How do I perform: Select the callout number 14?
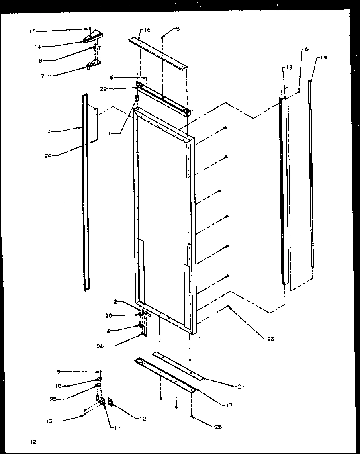(x=37, y=47)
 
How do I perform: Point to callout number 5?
(x=178, y=29)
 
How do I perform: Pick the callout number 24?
(x=48, y=155)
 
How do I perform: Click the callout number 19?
(x=324, y=58)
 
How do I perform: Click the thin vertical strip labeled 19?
(x=311, y=173)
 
